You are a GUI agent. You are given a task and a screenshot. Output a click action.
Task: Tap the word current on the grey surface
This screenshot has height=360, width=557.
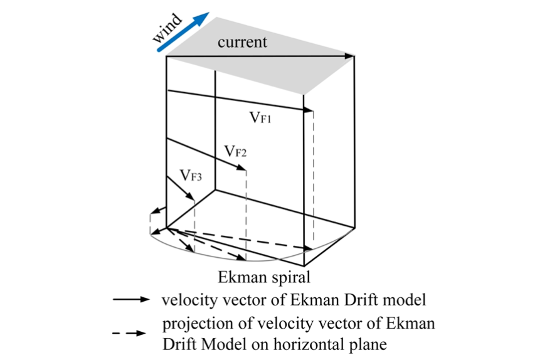pos(242,42)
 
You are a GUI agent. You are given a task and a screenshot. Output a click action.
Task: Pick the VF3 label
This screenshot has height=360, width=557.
pos(191,176)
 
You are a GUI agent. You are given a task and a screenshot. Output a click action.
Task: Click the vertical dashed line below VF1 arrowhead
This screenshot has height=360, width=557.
pos(313,182)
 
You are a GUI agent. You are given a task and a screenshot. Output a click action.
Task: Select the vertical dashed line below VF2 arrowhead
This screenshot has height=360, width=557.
pos(246,213)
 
